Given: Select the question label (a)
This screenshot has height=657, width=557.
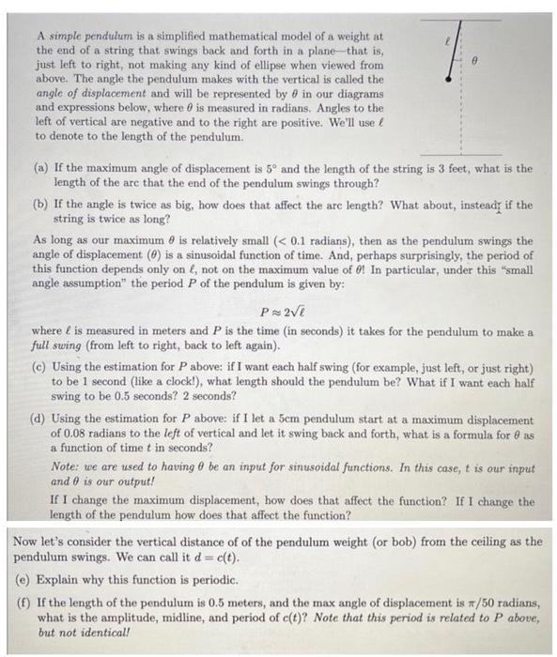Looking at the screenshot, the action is point(40,170).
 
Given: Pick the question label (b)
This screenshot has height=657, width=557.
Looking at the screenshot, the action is point(40,205).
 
